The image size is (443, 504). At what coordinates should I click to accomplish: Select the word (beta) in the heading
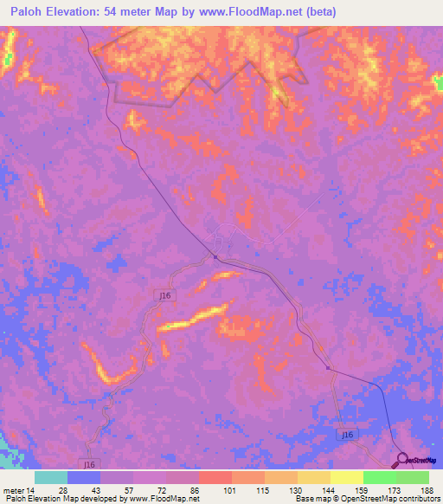tap(314, 11)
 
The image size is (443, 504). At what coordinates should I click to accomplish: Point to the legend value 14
tap(31, 490)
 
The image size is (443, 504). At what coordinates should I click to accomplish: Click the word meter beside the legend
tap(12, 490)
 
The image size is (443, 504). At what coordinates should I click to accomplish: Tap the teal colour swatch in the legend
tap(51, 477)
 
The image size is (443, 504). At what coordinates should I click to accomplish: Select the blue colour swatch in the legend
tap(84, 477)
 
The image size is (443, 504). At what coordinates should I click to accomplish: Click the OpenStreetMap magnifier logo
tap(401, 460)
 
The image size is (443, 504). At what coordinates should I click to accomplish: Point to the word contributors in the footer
tap(414, 500)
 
